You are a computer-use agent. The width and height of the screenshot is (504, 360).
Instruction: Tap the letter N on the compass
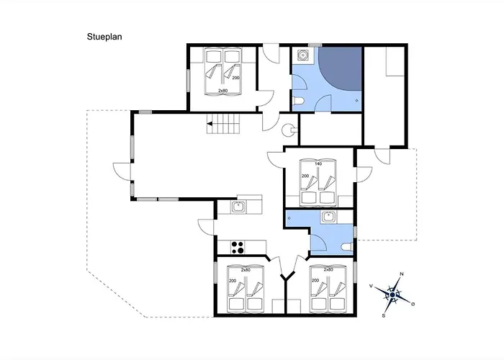tap(401, 274)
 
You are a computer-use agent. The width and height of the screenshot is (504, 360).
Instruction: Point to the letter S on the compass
tap(384, 315)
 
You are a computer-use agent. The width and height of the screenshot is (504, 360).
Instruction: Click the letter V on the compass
tap(372, 286)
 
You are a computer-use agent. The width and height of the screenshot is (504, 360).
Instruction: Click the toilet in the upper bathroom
tap(299, 100)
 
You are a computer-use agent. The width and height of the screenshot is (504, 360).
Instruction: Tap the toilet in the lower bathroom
tap(346, 247)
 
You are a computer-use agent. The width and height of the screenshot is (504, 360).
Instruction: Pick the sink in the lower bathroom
tap(329, 216)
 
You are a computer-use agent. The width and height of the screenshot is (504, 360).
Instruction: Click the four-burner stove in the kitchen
tap(238, 248)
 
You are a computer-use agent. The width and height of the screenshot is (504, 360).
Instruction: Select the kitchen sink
tap(238, 207)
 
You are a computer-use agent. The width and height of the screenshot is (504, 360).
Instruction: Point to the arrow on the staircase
tap(210, 125)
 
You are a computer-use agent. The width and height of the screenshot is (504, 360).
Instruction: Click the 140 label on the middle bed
tap(318, 165)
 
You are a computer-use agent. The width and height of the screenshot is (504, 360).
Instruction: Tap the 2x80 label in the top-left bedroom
tap(222, 91)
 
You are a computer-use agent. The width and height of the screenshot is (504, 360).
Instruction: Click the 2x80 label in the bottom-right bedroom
tap(328, 269)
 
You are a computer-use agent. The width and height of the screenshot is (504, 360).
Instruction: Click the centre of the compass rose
tap(392, 294)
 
